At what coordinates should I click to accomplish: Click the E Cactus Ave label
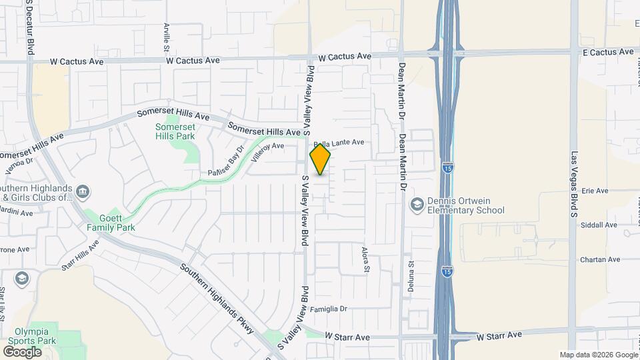click(x=609, y=52)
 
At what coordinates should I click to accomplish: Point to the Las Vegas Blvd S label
click(x=573, y=185)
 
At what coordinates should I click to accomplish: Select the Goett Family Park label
click(x=111, y=222)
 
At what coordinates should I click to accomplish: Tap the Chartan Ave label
click(x=600, y=260)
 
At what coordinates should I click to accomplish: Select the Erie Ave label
click(x=595, y=191)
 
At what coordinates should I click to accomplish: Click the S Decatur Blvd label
click(x=31, y=27)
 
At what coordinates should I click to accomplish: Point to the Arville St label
click(x=167, y=37)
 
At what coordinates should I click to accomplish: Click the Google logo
click(x=22, y=351)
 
